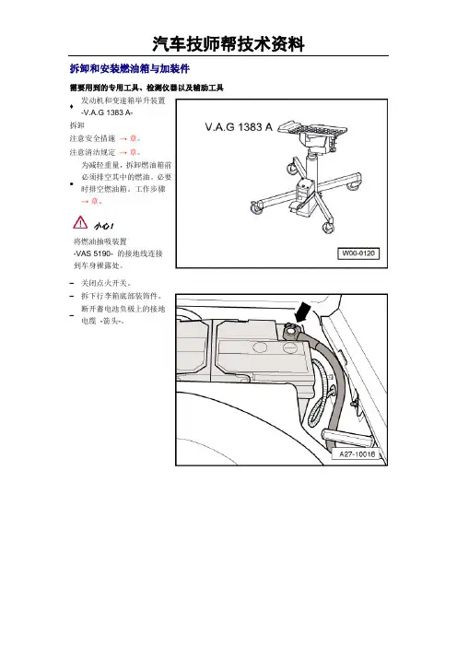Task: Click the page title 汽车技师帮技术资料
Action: click(x=228, y=44)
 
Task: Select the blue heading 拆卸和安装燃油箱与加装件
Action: click(x=130, y=68)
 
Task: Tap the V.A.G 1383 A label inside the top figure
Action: click(x=239, y=127)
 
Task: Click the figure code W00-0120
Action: click(x=358, y=253)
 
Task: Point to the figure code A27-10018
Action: click(x=357, y=453)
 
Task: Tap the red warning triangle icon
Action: click(x=80, y=222)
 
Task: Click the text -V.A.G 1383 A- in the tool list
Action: click(x=107, y=112)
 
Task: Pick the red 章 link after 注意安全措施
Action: click(x=133, y=138)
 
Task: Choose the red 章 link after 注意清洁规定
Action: click(x=133, y=152)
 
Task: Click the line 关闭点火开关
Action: click(x=106, y=283)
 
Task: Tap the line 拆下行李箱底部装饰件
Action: click(x=121, y=296)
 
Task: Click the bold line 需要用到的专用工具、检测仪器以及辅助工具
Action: click(x=146, y=88)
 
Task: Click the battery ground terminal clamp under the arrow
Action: click(x=292, y=331)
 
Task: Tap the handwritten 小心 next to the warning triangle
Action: click(x=104, y=226)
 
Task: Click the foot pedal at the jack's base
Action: click(x=299, y=207)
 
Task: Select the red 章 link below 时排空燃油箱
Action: click(x=95, y=201)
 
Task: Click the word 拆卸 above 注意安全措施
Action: click(x=76, y=125)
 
